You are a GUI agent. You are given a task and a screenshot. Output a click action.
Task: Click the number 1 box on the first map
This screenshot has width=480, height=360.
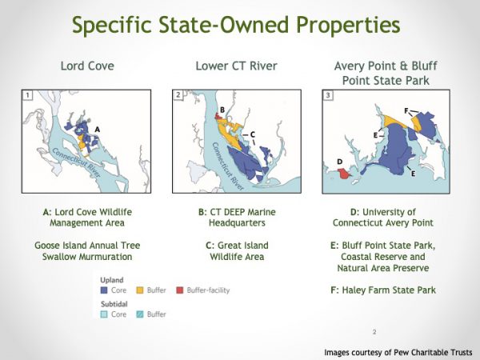click(28, 97)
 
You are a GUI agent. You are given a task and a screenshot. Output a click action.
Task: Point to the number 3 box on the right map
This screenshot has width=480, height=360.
click(328, 97)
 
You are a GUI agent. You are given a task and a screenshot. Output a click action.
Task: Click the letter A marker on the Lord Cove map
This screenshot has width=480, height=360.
click(98, 129)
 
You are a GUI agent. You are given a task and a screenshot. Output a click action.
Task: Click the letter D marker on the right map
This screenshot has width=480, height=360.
click(339, 162)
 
